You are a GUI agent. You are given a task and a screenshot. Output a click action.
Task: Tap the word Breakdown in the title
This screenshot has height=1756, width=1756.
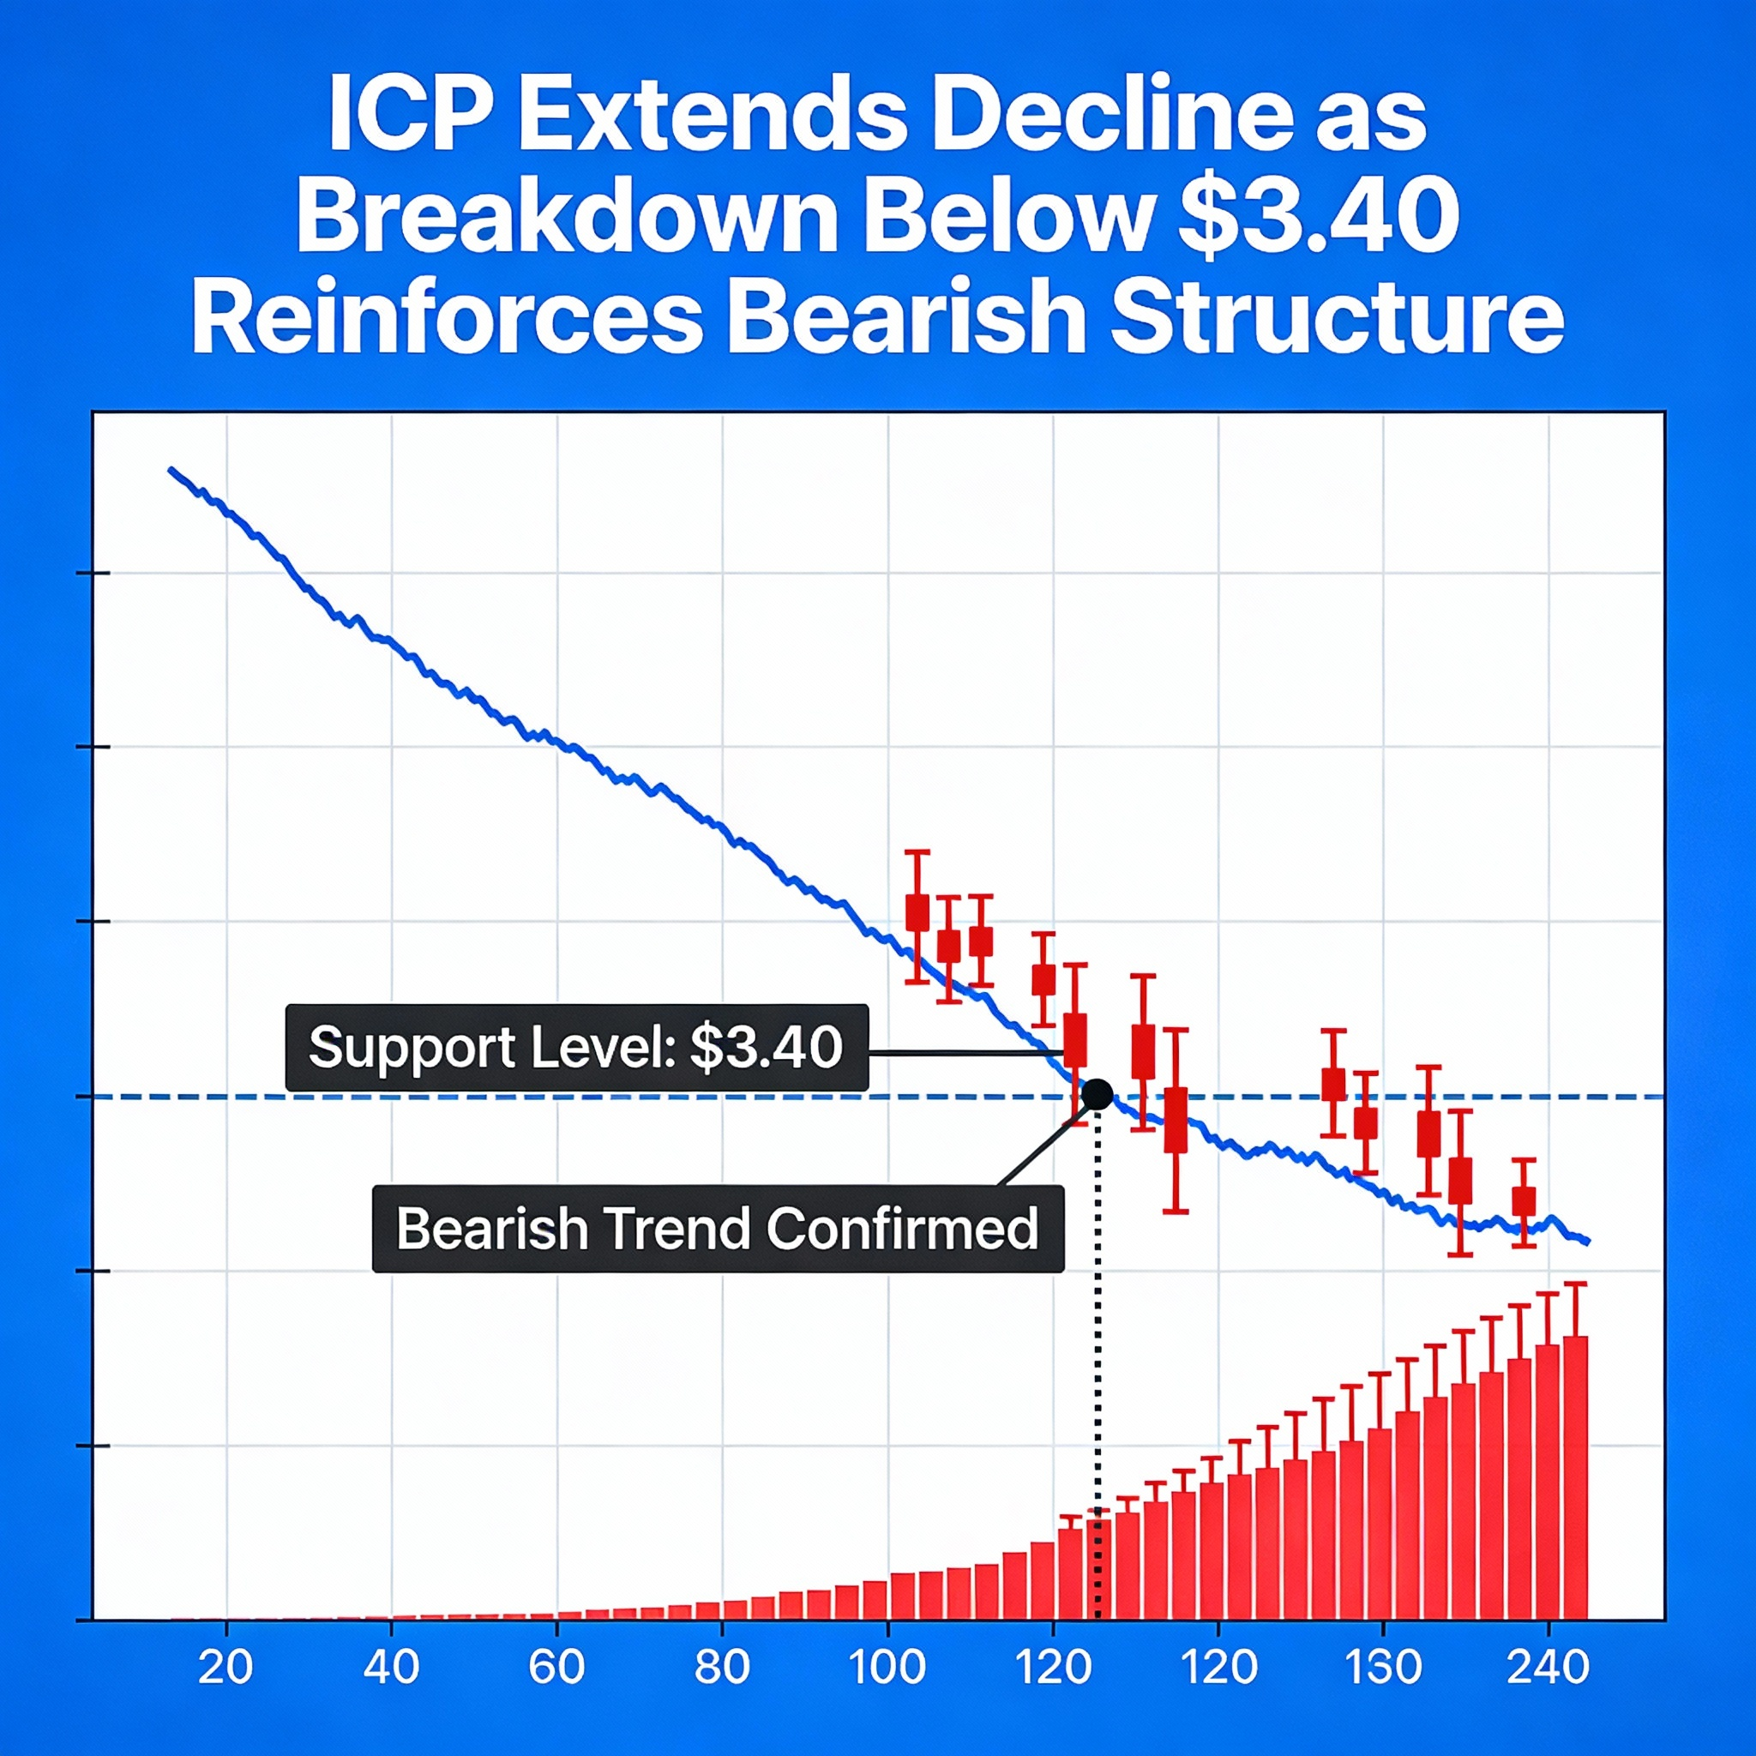[565, 218]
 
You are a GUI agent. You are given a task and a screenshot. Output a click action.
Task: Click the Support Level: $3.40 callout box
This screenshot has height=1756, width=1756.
[576, 1047]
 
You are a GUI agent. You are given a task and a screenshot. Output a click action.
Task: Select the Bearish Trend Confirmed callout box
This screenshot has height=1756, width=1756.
[717, 1228]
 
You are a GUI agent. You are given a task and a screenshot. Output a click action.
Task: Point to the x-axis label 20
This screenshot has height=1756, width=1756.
[226, 1668]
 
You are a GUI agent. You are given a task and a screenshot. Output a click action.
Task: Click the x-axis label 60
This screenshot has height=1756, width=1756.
[556, 1668]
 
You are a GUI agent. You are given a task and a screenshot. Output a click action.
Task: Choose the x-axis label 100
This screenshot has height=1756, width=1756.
[887, 1668]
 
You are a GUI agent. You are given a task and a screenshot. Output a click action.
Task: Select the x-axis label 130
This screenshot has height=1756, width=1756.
[1382, 1668]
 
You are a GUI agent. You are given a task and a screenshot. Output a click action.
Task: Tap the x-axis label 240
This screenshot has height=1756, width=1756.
[1548, 1668]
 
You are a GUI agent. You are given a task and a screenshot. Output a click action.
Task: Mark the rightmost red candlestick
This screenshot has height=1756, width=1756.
[1524, 1201]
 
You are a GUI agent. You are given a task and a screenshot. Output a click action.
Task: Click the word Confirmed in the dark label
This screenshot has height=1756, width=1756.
[902, 1228]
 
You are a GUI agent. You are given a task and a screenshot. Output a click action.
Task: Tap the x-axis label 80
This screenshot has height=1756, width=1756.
[722, 1668]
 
